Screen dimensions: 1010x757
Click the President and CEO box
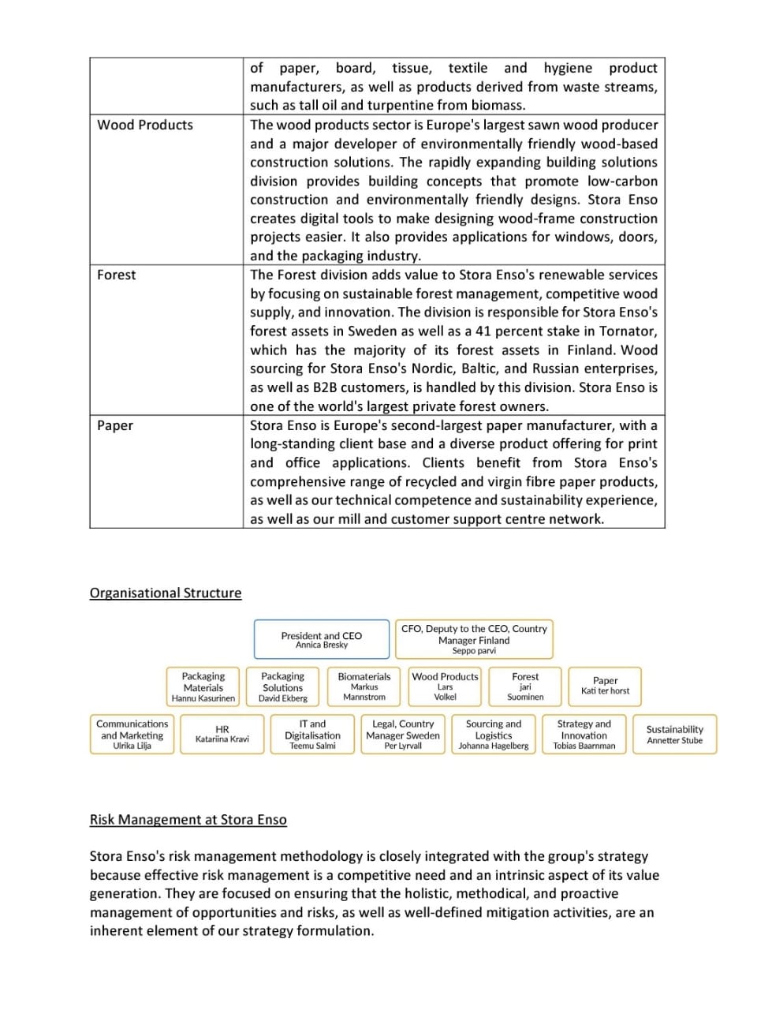(x=322, y=639)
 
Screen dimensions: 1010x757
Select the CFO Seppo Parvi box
(x=474, y=639)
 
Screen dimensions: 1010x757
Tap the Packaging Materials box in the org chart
(x=203, y=686)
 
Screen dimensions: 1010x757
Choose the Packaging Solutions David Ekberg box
(x=282, y=686)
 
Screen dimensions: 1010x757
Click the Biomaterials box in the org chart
(x=364, y=686)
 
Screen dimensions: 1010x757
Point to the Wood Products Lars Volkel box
(x=445, y=686)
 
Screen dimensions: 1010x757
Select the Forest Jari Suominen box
(x=525, y=686)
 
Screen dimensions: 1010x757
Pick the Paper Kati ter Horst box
(x=605, y=686)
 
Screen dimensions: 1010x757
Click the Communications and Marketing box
(x=132, y=734)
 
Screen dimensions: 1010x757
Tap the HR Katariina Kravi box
(x=222, y=734)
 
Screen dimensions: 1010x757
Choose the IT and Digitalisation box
(x=312, y=734)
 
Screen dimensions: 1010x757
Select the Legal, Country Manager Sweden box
(x=403, y=734)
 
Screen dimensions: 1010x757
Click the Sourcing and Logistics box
(x=494, y=734)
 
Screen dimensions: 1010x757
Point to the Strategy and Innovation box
(x=584, y=734)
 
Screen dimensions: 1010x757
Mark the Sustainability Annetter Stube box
(x=674, y=734)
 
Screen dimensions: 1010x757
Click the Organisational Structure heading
(x=166, y=593)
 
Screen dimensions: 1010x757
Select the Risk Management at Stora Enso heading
(x=188, y=819)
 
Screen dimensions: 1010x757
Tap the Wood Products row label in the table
(x=145, y=125)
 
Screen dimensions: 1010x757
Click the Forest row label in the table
(x=117, y=275)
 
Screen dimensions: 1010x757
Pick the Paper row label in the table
(x=115, y=425)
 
